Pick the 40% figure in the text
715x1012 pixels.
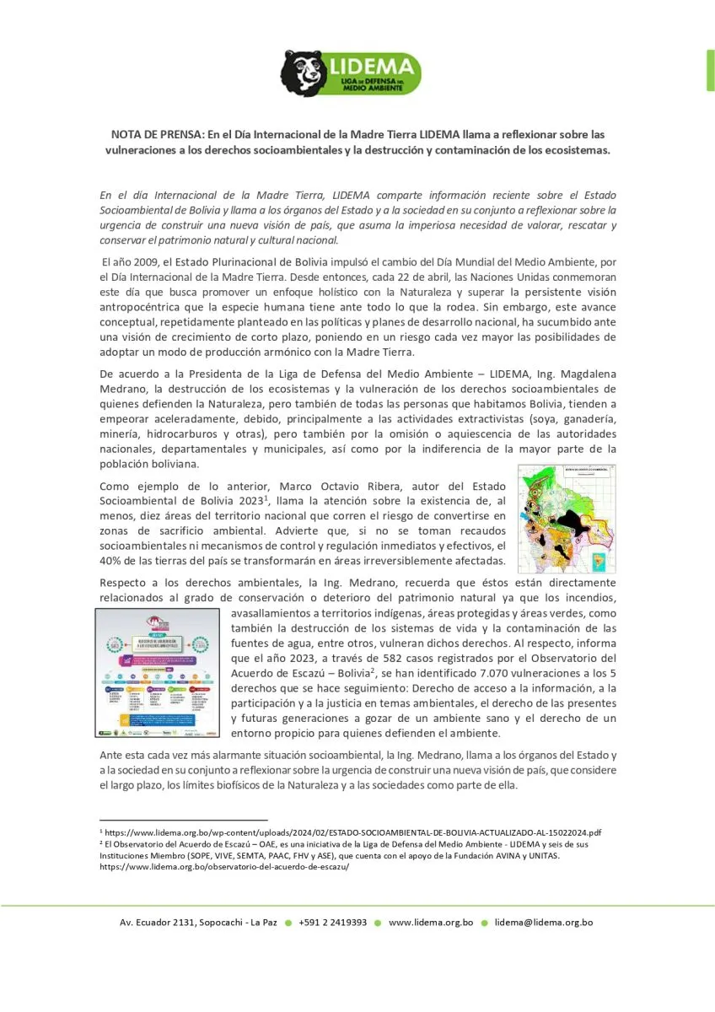point(111,561)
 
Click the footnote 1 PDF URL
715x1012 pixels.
point(353,832)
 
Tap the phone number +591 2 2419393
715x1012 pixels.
point(332,923)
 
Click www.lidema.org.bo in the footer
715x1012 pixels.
point(430,923)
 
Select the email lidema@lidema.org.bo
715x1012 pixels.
point(543,923)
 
